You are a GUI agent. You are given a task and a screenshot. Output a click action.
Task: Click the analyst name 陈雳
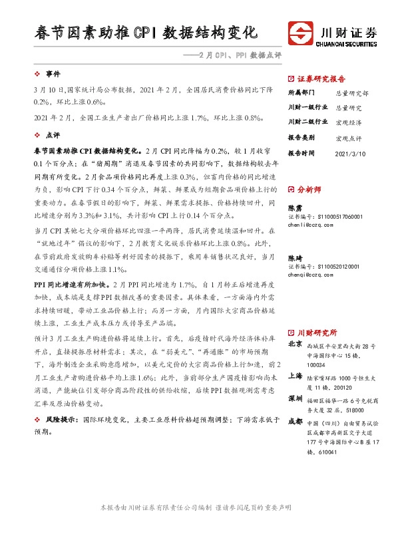click(x=295, y=208)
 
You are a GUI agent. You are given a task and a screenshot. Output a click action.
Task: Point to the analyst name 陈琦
click(x=295, y=257)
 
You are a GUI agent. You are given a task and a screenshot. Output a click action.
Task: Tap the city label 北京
click(x=296, y=345)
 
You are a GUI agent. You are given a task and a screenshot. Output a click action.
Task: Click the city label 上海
click(x=296, y=375)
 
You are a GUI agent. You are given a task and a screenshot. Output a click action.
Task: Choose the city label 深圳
click(x=296, y=398)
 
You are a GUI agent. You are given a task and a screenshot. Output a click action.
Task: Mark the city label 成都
click(x=296, y=422)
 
